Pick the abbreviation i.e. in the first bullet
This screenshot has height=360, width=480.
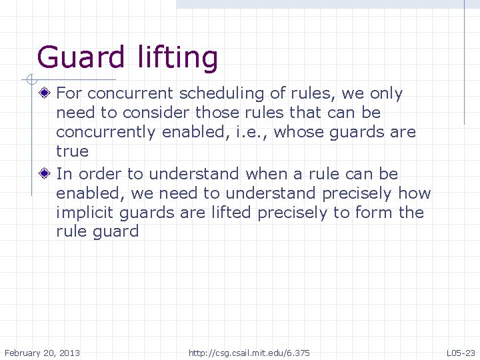tap(251, 132)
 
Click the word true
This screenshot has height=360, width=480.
tap(72, 151)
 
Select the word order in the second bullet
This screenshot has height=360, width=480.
tap(100, 174)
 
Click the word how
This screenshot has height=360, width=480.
tap(415, 193)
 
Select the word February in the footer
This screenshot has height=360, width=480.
tap(27, 352)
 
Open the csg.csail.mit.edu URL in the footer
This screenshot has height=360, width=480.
tap(249, 352)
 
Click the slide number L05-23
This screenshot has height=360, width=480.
tap(461, 352)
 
